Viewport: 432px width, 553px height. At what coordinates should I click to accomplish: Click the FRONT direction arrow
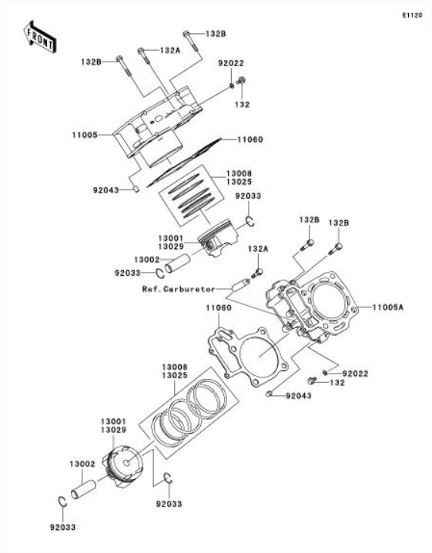click(x=39, y=37)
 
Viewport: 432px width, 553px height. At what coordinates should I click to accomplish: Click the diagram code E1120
click(x=412, y=15)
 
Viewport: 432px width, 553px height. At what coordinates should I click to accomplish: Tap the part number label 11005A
click(x=388, y=307)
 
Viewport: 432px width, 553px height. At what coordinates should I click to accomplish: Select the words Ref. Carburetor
click(x=179, y=289)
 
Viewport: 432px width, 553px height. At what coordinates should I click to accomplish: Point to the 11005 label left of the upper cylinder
click(x=85, y=135)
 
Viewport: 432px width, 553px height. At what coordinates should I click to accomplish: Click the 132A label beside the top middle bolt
click(x=170, y=50)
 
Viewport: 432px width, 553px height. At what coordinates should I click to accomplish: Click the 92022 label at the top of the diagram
click(x=231, y=63)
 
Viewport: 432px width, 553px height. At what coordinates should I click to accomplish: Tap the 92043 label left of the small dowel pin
click(x=105, y=190)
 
